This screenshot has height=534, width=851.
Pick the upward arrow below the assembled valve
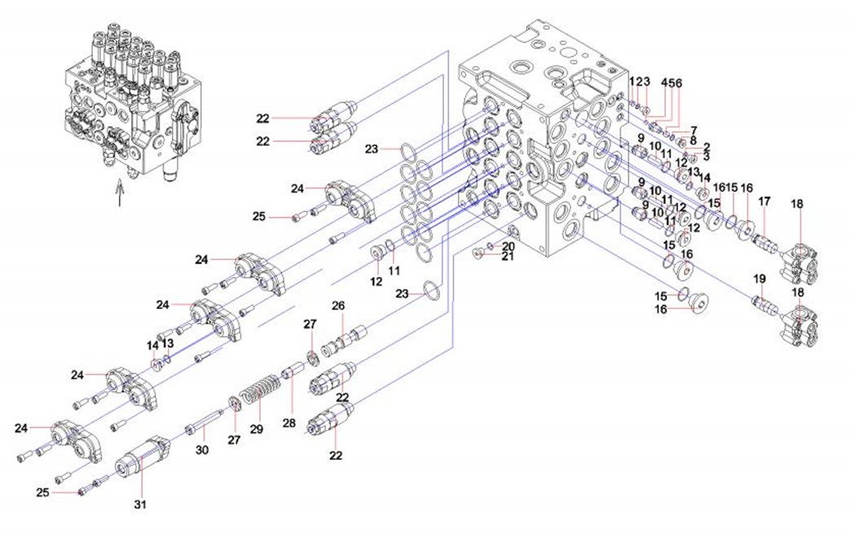coord(119,194)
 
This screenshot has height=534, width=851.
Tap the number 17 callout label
coord(764,201)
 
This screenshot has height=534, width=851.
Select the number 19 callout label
coord(759,279)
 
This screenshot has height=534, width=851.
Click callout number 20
coord(508,246)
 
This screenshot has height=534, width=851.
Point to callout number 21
coord(508,257)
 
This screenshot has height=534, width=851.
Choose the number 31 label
coord(139,504)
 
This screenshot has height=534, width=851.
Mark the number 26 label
coord(338,306)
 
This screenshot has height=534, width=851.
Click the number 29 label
coord(257,429)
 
